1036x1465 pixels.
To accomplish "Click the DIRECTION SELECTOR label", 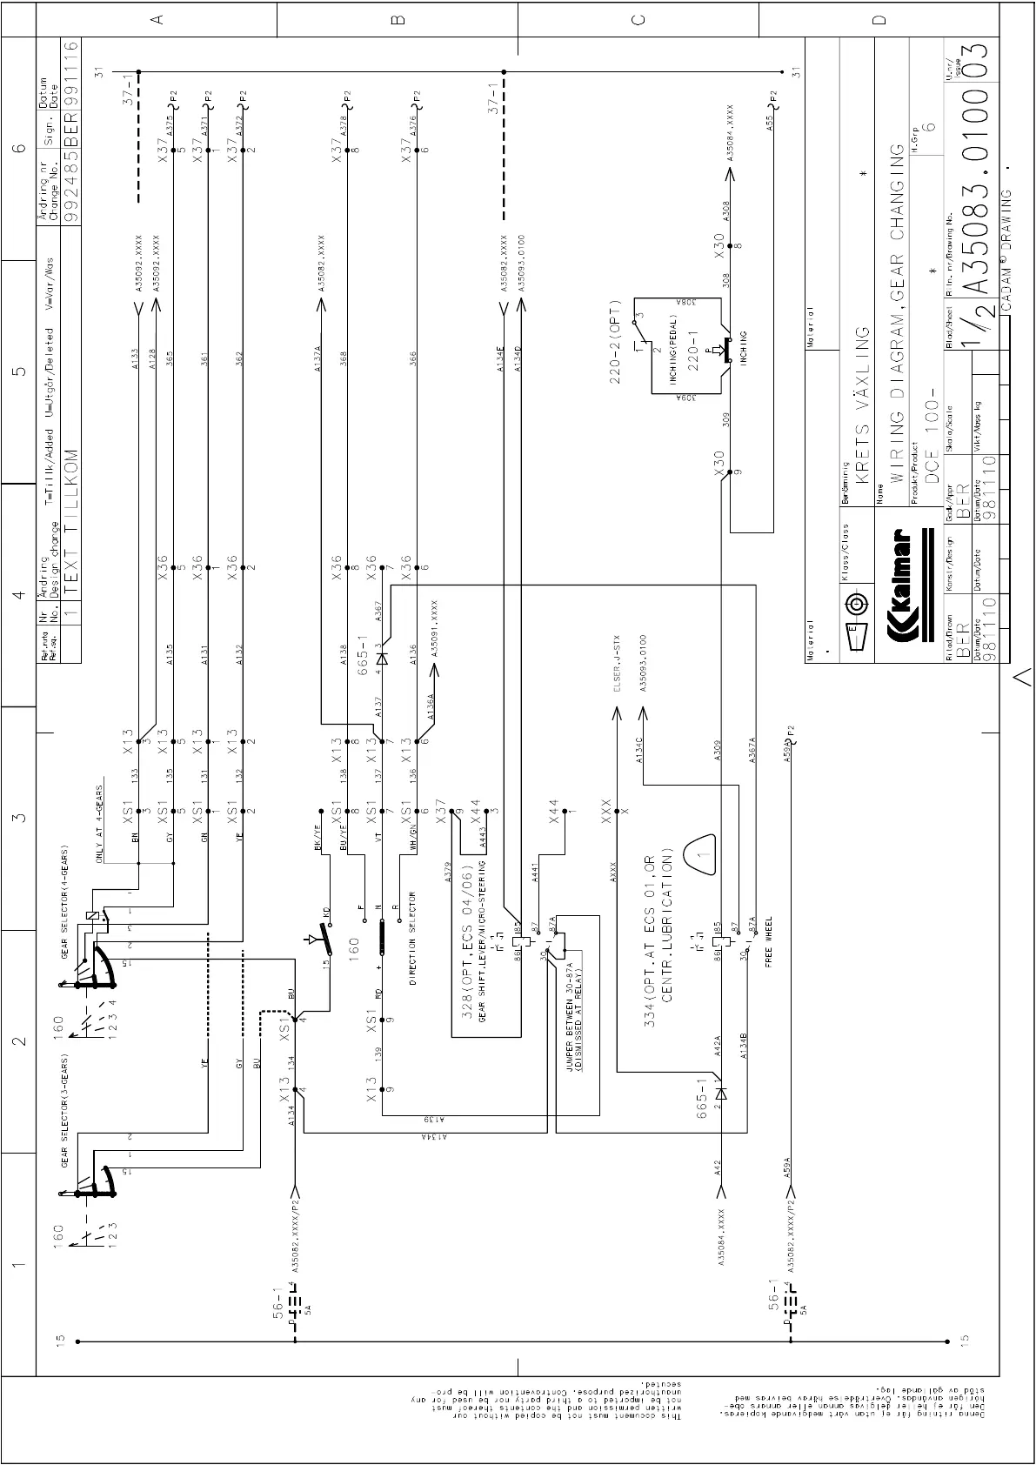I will coord(412,939).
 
